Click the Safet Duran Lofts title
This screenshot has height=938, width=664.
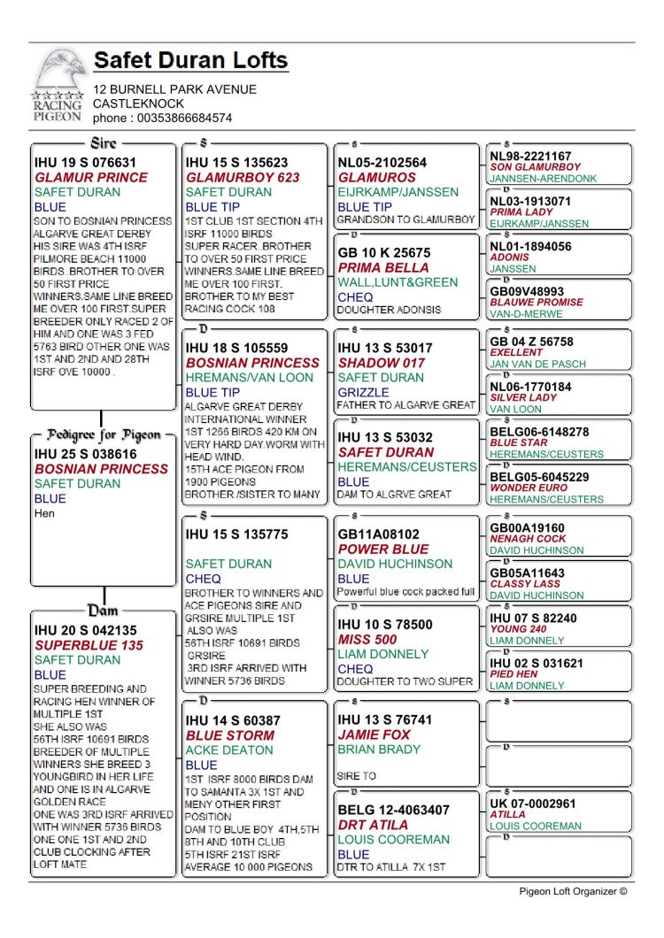(x=190, y=61)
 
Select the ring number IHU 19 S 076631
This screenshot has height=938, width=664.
(x=85, y=162)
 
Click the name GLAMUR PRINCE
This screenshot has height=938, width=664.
(x=91, y=177)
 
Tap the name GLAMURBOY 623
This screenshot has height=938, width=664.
(x=243, y=177)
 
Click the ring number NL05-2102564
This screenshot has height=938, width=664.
(x=382, y=163)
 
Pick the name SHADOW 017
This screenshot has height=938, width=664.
(x=381, y=363)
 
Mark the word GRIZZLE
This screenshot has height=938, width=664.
(x=363, y=392)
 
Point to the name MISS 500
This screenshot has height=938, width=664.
(x=367, y=640)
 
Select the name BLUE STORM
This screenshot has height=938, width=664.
(x=230, y=735)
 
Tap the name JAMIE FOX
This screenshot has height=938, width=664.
(x=374, y=735)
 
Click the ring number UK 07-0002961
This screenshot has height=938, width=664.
(x=533, y=803)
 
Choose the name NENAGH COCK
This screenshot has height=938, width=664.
(x=528, y=539)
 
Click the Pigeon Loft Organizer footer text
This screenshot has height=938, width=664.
(x=573, y=891)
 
